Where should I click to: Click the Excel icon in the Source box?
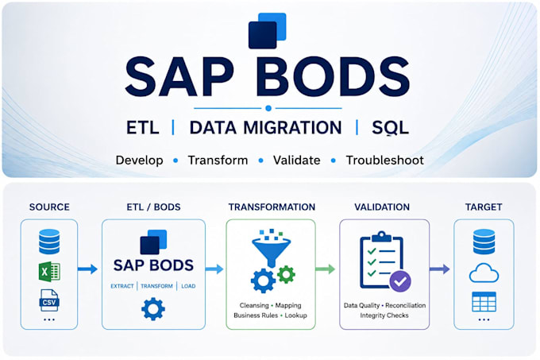point(49,272)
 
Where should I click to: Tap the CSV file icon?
point(49,300)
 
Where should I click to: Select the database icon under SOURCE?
point(49,242)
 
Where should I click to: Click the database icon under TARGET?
point(484,242)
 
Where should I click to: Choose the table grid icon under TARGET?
point(484,302)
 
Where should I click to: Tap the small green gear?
point(286,274)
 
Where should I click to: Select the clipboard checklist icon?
point(381,260)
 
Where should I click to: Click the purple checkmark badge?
point(400,281)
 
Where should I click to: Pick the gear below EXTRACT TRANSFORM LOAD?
point(153,309)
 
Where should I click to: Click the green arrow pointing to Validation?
point(326,269)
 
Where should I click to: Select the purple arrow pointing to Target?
point(440,269)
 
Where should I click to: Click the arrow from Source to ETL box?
point(88,269)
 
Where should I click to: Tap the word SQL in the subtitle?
point(390,128)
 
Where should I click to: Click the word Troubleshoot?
point(384,161)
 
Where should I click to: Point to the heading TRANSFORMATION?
point(272,207)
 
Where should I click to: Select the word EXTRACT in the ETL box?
point(122,286)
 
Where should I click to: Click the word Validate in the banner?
point(296,161)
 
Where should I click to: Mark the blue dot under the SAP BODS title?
point(268,108)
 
